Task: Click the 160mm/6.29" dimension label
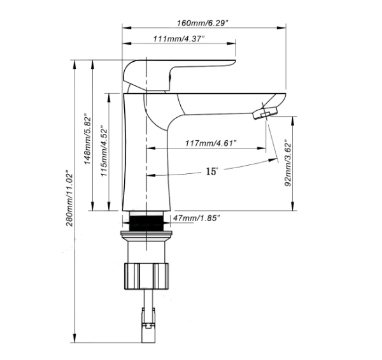click(203, 22)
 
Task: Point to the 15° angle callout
click(212, 171)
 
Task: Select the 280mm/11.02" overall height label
click(70, 198)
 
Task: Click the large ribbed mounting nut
click(147, 272)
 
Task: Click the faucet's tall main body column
click(146, 153)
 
